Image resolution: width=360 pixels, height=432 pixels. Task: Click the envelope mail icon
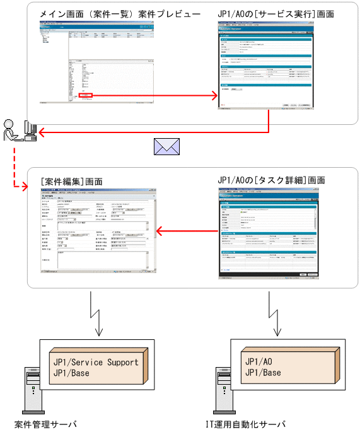point(166,146)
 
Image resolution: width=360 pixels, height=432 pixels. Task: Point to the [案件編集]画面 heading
point(70,182)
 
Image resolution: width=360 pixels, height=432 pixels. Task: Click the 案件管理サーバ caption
point(45,424)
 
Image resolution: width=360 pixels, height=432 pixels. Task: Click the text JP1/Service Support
point(95,363)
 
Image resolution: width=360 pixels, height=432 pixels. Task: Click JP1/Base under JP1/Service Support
point(71,373)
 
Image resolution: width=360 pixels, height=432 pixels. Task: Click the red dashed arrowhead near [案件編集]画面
point(25,187)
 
